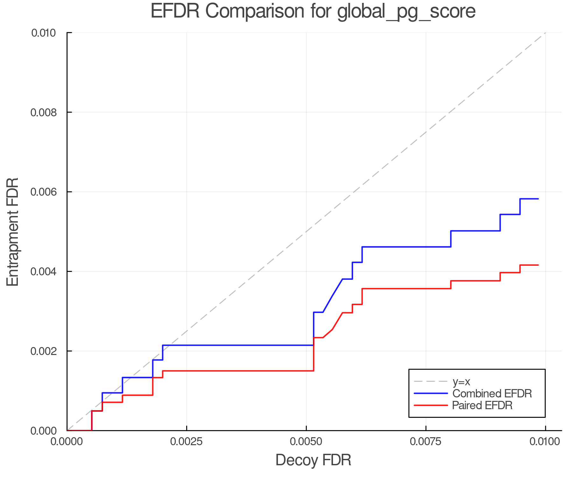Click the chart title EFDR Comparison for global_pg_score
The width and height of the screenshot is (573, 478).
(313, 11)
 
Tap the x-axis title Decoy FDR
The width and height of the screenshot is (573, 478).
(313, 460)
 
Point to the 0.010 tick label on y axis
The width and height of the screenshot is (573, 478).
(43, 33)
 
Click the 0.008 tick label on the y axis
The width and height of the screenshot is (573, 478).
(43, 112)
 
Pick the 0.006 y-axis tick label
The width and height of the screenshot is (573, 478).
(43, 192)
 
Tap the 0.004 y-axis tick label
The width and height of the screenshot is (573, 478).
(43, 272)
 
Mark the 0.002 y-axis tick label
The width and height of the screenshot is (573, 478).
(43, 351)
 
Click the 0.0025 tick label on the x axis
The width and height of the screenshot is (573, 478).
(187, 442)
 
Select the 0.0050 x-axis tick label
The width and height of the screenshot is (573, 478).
(306, 442)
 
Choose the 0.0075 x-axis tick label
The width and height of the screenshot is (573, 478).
(426, 442)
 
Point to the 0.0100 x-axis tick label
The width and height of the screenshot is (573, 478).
(545, 442)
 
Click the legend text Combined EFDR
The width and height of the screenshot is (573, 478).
(492, 394)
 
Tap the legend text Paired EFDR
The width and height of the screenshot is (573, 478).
(482, 405)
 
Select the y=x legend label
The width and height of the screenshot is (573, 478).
(461, 382)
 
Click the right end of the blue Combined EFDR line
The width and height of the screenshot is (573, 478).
(538, 199)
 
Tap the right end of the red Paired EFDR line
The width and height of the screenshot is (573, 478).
(538, 265)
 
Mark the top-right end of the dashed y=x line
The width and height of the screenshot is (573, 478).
(545, 33)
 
